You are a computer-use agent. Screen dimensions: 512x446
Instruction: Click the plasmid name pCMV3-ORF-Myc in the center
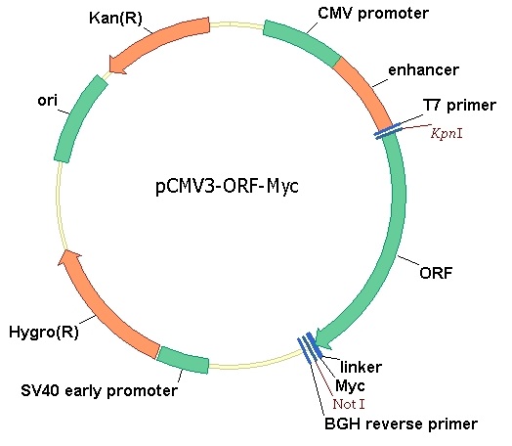pyautogui.click(x=227, y=186)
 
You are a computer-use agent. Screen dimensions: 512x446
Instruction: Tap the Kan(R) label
pyautogui.click(x=116, y=18)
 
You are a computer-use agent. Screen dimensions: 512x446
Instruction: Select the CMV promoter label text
pyautogui.click(x=373, y=14)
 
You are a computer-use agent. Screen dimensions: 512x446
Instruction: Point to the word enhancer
pyautogui.click(x=423, y=69)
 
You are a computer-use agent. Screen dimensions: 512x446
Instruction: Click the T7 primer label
pyautogui.click(x=459, y=106)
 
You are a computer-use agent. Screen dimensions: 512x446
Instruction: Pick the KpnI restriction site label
pyautogui.click(x=447, y=133)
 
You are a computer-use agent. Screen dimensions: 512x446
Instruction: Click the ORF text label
pyautogui.click(x=436, y=273)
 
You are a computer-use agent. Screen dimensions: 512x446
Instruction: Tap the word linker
pyautogui.click(x=361, y=367)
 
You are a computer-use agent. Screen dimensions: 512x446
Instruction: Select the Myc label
pyautogui.click(x=350, y=386)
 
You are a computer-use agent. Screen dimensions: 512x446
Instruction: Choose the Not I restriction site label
pyautogui.click(x=349, y=404)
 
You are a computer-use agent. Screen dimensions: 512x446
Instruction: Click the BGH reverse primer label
pyautogui.click(x=401, y=424)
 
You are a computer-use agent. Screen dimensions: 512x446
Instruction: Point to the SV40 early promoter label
pyautogui.click(x=100, y=391)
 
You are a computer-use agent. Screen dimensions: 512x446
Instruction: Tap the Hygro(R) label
pyautogui.click(x=44, y=333)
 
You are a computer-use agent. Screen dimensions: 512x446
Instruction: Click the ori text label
pyautogui.click(x=47, y=101)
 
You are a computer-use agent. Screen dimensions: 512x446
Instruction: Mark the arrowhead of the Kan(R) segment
pyautogui.click(x=116, y=65)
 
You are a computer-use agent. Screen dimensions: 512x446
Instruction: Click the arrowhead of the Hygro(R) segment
pyautogui.click(x=70, y=257)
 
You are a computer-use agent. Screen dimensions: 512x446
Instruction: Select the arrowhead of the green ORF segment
pyautogui.click(x=323, y=339)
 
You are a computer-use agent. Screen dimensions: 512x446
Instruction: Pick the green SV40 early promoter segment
pyautogui.click(x=183, y=360)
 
